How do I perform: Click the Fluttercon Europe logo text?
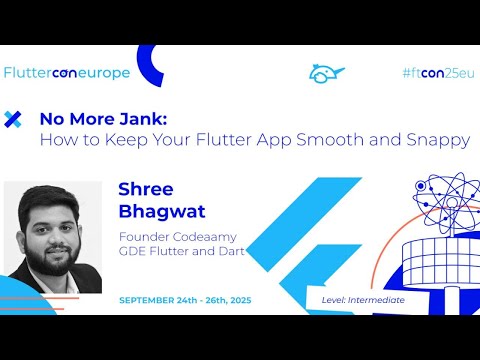pyautogui.click(x=67, y=73)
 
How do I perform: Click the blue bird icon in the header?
pyautogui.click(x=326, y=74)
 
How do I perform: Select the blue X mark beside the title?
pyautogui.click(x=13, y=119)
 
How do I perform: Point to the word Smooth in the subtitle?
pyautogui.click(x=337, y=140)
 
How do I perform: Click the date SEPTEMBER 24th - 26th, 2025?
pyautogui.click(x=183, y=299)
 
